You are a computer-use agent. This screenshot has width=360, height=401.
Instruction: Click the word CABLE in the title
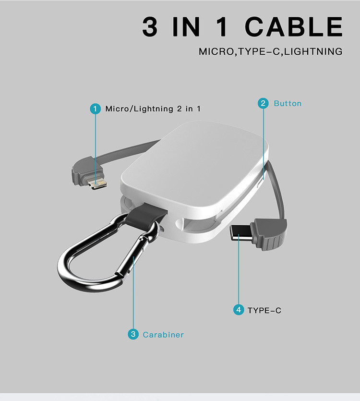294,26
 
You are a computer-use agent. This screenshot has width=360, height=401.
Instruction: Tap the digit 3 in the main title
150,26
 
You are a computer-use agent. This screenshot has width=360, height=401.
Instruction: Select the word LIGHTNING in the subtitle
313,51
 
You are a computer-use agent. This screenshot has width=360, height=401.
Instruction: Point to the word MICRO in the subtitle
216,51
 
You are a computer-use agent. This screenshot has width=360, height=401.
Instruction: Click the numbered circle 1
96,109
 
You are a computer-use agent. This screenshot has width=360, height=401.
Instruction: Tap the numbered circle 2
263,103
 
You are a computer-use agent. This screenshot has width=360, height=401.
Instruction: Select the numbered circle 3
133,334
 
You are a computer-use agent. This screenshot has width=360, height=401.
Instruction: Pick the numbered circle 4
239,310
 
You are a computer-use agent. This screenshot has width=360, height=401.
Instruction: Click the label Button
288,103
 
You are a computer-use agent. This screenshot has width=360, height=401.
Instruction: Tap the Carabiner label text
163,335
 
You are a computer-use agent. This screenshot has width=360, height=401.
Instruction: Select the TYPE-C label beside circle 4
264,310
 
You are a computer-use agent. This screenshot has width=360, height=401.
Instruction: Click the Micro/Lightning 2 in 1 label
153,109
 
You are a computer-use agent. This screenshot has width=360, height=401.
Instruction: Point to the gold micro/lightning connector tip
97,184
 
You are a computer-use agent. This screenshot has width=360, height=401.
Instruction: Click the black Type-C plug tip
240,233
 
